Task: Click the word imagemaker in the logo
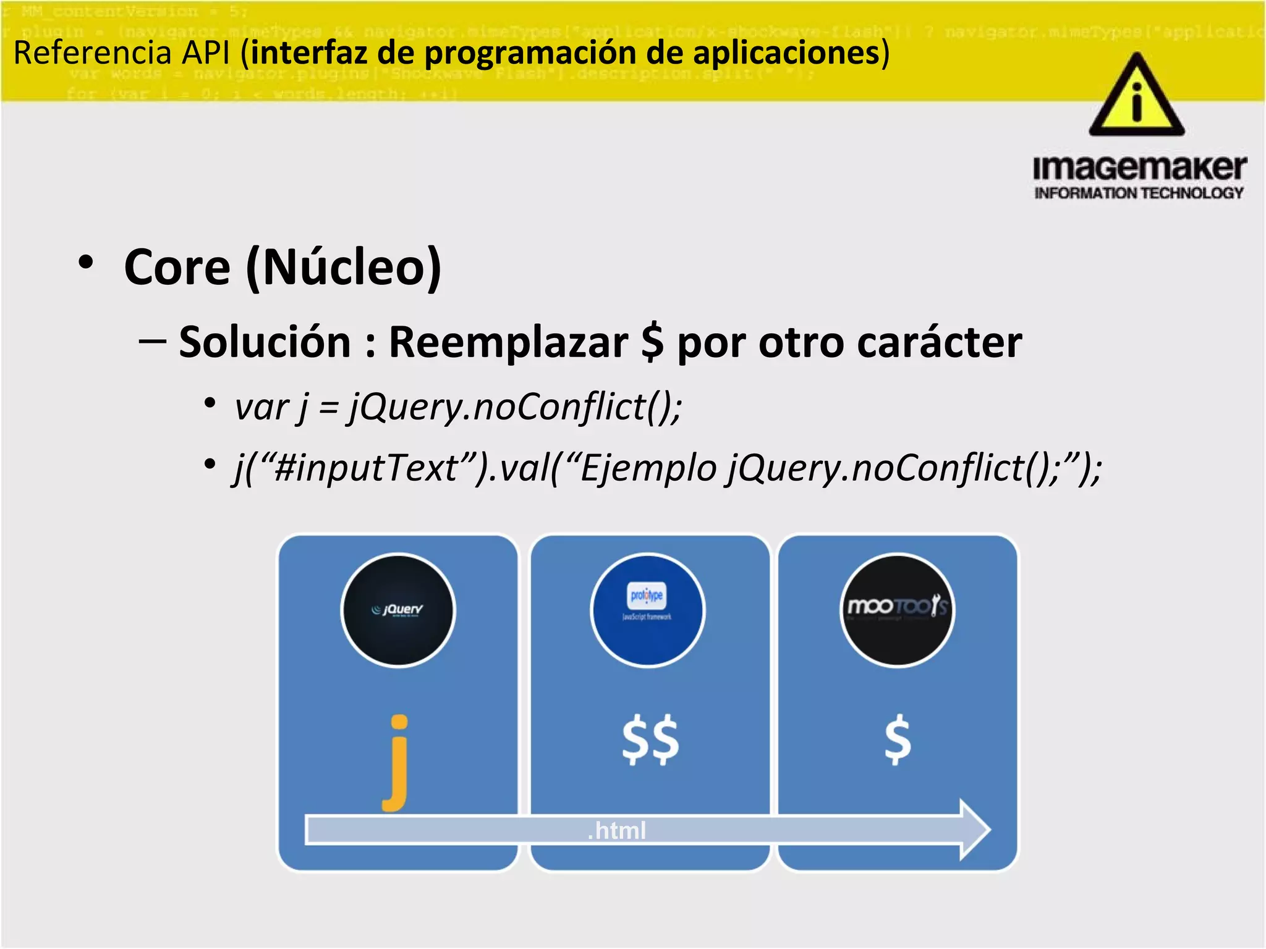(x=1139, y=168)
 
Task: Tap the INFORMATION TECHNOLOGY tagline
(x=1139, y=193)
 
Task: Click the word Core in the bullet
(x=177, y=268)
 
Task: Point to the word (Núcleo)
(x=344, y=268)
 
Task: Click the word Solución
(x=265, y=342)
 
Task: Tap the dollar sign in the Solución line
(x=652, y=342)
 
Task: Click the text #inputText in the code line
(x=366, y=468)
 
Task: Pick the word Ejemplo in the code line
(x=648, y=468)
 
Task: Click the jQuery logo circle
(x=398, y=610)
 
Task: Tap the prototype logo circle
(x=647, y=610)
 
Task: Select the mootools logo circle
(x=897, y=610)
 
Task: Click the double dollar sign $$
(x=650, y=740)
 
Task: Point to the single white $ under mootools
(x=898, y=740)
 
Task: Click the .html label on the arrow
(x=616, y=830)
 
